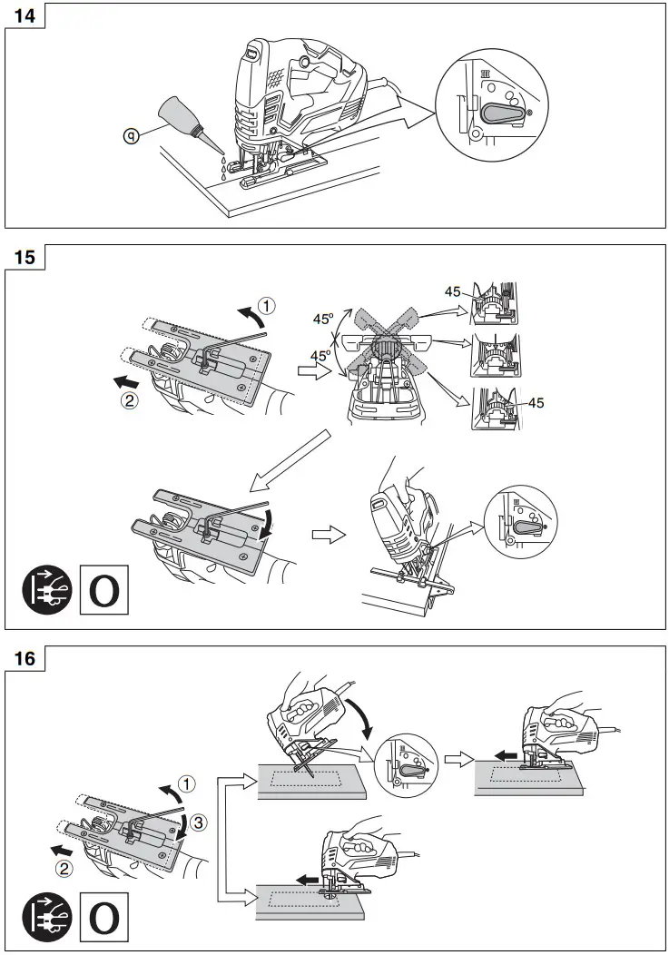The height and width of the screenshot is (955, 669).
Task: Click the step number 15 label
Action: [25, 257]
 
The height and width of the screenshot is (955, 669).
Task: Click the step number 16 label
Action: [25, 659]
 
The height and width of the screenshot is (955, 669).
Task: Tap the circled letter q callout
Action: [132, 135]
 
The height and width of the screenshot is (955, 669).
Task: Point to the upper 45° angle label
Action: [323, 320]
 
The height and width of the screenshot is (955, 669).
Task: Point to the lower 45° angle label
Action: [321, 356]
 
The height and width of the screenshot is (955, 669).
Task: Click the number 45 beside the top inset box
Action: [453, 291]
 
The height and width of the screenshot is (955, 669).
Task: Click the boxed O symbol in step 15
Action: [104, 589]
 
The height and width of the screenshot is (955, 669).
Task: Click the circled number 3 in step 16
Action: [199, 822]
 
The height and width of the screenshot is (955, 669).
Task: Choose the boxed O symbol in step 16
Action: [104, 917]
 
